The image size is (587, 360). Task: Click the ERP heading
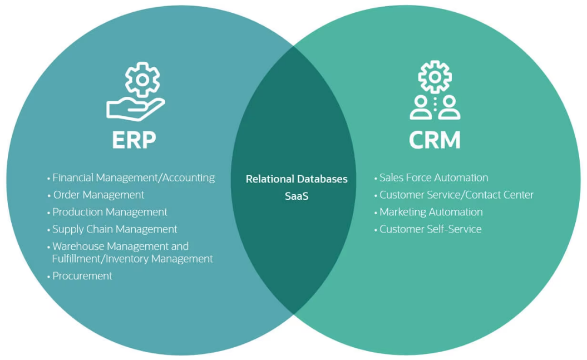(x=134, y=140)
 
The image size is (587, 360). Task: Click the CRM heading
(x=435, y=140)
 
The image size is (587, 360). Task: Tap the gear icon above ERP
(x=142, y=80)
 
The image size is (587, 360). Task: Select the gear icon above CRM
(x=435, y=76)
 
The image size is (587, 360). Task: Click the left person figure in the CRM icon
(x=421, y=108)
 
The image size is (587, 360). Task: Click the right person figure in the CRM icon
(x=449, y=108)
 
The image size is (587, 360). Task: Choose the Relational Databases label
(x=297, y=179)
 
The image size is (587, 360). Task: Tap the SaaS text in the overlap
(x=297, y=196)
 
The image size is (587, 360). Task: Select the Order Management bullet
(x=98, y=195)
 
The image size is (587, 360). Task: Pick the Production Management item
(x=110, y=212)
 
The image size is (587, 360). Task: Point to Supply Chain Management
(x=115, y=229)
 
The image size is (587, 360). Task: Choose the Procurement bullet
(x=82, y=276)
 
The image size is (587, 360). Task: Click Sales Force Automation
(x=433, y=178)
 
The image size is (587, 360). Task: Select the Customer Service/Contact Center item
(x=456, y=195)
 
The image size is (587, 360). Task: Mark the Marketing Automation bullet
(x=431, y=212)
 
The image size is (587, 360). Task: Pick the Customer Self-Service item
(x=430, y=229)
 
